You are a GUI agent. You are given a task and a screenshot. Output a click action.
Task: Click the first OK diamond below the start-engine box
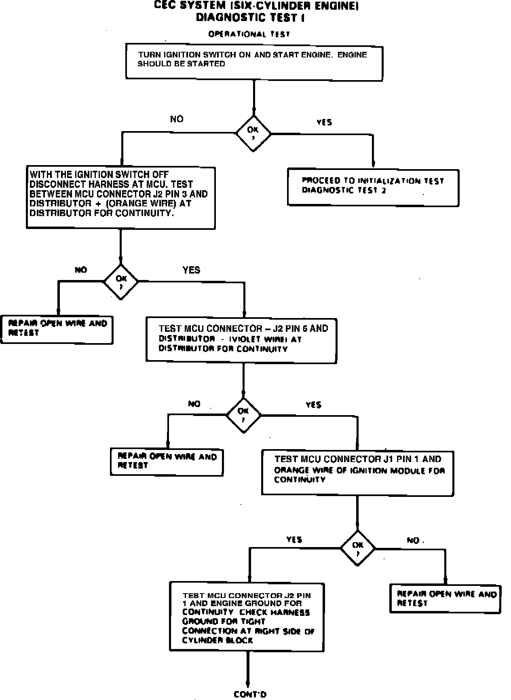pos(253,134)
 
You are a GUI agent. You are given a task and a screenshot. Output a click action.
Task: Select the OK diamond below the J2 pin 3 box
pos(121,282)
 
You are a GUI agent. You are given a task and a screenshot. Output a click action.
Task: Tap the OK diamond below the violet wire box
pos(243,415)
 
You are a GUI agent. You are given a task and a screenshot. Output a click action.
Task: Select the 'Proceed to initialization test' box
pos(373,187)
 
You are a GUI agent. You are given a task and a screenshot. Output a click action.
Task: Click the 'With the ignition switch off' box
pos(120,197)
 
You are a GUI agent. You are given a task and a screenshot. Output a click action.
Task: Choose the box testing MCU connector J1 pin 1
pos(357,473)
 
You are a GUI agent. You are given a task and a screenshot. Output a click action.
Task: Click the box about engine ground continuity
pos(247,616)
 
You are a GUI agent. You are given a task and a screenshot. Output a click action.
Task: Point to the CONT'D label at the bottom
pos(250,694)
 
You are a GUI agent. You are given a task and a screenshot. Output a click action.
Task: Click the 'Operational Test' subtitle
pos(249,34)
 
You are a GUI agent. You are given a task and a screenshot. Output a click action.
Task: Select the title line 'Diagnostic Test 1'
pos(250,18)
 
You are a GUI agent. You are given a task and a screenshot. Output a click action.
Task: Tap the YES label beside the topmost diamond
pos(324,122)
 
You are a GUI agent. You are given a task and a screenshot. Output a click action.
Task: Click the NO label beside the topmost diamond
pos(177,119)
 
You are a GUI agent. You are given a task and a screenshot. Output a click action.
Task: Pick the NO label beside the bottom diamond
pos(413,541)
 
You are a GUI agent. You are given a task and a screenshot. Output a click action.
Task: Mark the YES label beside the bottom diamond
pos(294,540)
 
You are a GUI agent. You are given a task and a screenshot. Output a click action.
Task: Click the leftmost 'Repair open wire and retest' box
pos(57,329)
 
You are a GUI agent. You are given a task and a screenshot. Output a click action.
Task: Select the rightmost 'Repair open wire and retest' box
pos(446,598)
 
